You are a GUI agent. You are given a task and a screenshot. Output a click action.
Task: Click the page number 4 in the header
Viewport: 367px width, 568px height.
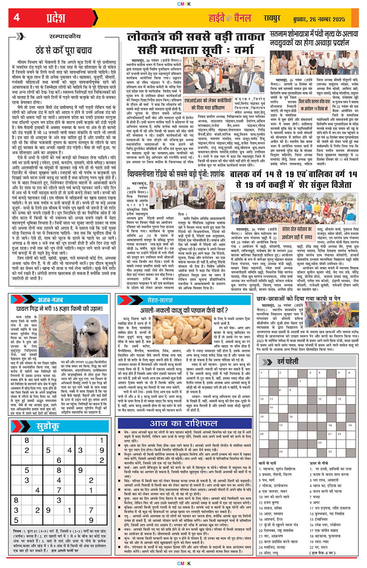click(x=16, y=18)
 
